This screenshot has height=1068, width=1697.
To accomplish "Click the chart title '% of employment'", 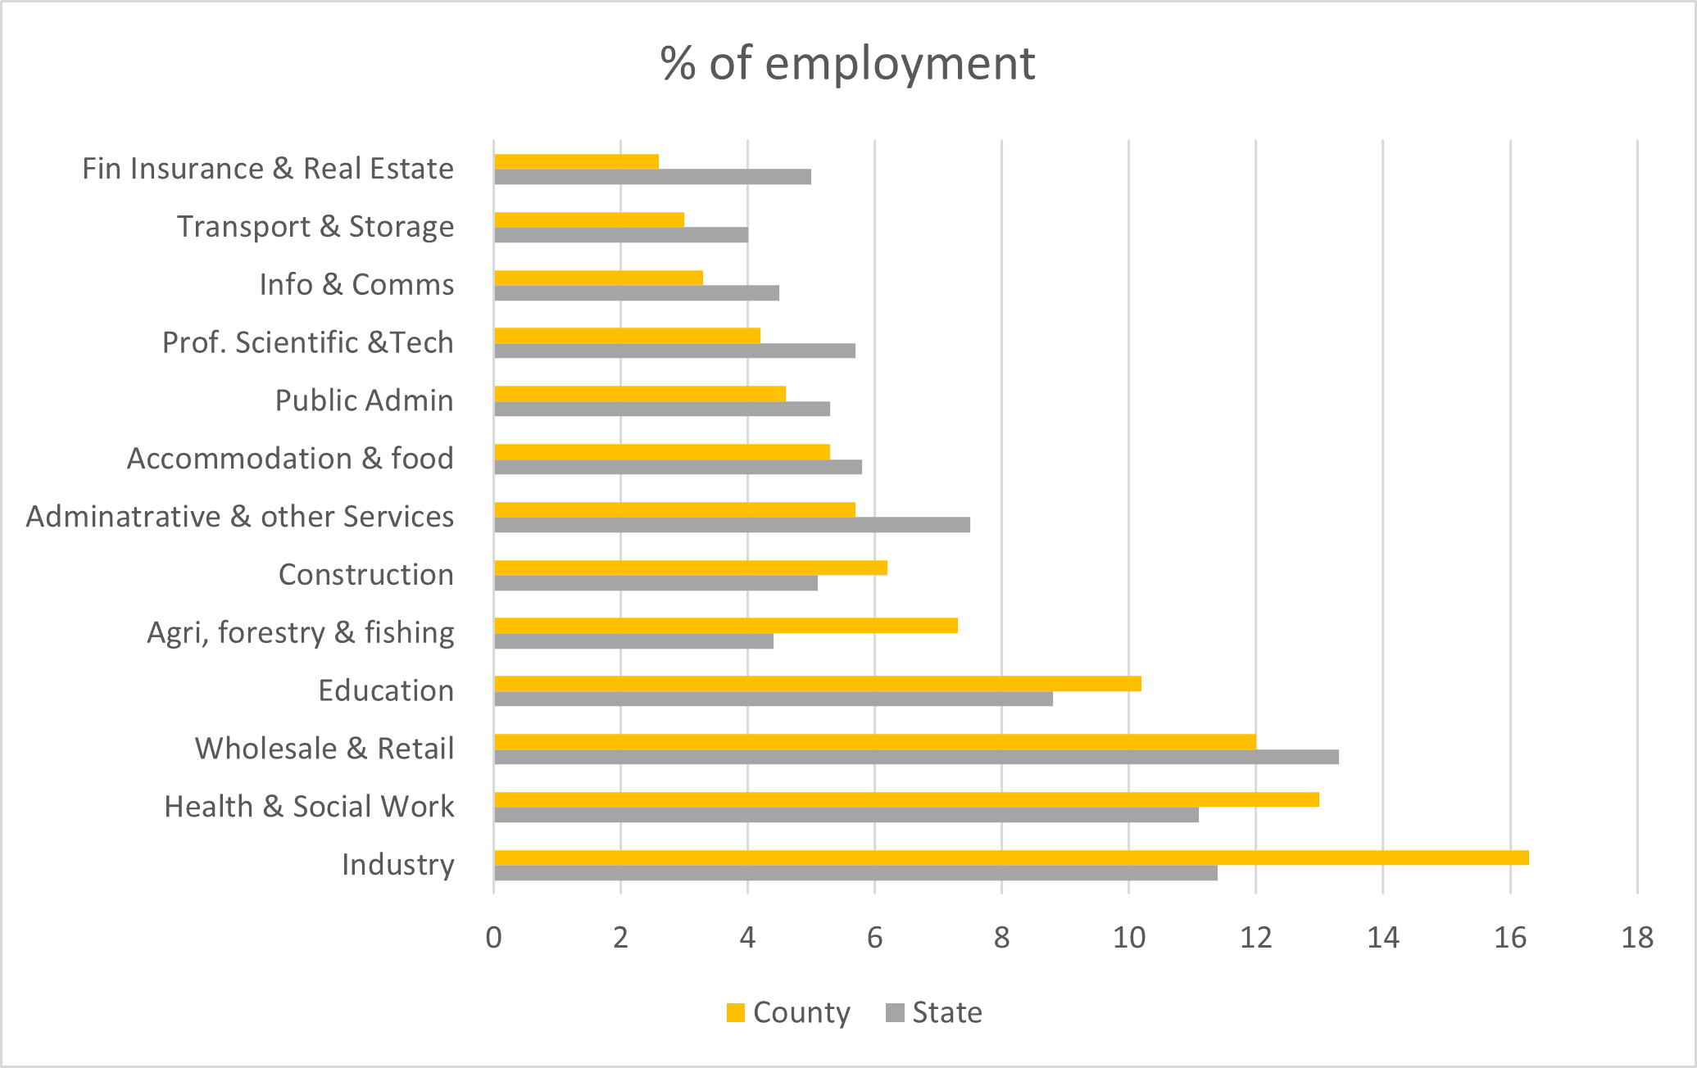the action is point(847,63).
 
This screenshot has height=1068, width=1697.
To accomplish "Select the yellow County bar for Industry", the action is point(1011,858).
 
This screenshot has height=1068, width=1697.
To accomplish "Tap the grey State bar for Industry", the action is point(855,873).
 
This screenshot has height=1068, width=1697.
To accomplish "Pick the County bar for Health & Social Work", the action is point(906,799).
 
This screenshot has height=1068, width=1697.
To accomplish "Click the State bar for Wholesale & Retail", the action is point(916,757).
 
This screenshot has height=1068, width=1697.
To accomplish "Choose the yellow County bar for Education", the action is point(818,684).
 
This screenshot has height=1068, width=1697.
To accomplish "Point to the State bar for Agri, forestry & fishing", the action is point(633,641).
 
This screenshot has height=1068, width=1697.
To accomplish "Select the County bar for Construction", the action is point(691,568).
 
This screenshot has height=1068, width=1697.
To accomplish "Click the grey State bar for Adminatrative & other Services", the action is point(732,525).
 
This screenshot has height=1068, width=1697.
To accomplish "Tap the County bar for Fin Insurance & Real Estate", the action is point(576,161).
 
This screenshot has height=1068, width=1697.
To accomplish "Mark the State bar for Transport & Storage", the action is point(621,235).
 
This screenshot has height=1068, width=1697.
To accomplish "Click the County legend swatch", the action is point(736,1013).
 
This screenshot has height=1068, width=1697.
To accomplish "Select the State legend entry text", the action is point(947,1013).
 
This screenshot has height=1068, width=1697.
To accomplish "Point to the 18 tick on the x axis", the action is point(1637,937).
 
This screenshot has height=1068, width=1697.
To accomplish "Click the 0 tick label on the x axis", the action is point(493,937).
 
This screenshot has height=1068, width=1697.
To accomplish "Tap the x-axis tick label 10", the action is point(1129,937).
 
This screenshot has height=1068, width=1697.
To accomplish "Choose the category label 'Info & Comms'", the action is point(356,284).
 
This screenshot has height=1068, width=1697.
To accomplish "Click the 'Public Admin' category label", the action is point(364,400).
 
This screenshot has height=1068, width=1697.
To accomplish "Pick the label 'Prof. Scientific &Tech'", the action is point(308,342).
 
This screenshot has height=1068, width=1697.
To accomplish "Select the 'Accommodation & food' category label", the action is point(290,459).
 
